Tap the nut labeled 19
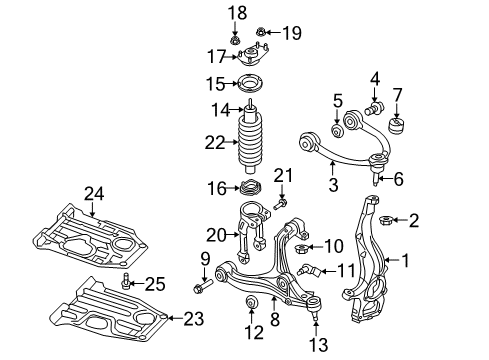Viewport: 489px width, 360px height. [x=259, y=33]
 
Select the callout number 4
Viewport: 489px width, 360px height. [x=375, y=78]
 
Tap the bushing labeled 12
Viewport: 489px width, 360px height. [x=251, y=303]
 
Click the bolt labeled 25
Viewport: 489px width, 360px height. [x=127, y=279]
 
